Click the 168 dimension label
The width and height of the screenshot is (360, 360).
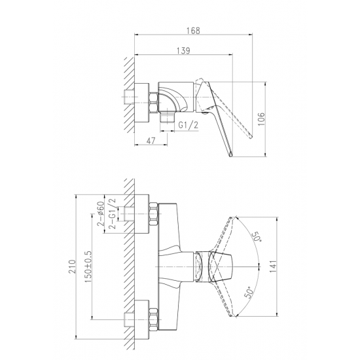[193, 30]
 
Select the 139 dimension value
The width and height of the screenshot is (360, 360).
[184, 50]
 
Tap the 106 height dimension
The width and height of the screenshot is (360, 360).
[261, 119]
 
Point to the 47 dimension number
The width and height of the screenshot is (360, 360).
[151, 141]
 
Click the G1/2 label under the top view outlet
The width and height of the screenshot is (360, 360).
[189, 126]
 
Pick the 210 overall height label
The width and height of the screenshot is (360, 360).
[73, 266]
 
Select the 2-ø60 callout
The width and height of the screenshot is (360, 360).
[101, 214]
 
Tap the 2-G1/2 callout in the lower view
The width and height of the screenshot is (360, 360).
[113, 213]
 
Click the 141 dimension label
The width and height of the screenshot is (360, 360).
[273, 266]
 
